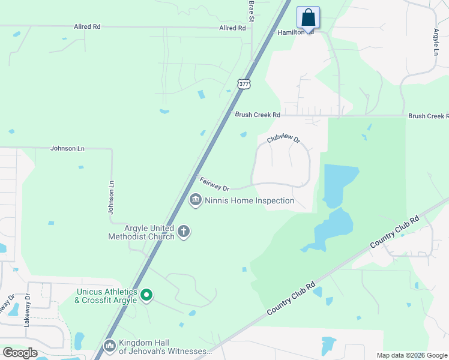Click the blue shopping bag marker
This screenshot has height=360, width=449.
tap(308, 17)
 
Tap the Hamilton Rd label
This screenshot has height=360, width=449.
tap(295, 32)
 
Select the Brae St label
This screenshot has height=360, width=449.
tap(252, 8)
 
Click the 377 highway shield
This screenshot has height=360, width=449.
tap(243, 84)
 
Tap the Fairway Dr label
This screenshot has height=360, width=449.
tap(214, 183)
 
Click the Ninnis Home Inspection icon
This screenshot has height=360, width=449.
tap(195, 200)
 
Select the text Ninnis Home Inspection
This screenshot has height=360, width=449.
tap(250, 200)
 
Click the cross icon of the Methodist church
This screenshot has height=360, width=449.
tap(184, 232)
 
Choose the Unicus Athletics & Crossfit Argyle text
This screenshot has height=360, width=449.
tap(106, 296)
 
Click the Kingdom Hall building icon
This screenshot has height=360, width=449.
tap(109, 346)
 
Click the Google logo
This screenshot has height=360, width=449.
tap(20, 353)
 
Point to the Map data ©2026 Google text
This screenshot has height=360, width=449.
tap(411, 355)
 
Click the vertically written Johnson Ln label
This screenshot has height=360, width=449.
tap(110, 197)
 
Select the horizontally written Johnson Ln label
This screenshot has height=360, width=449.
tap(67, 148)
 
